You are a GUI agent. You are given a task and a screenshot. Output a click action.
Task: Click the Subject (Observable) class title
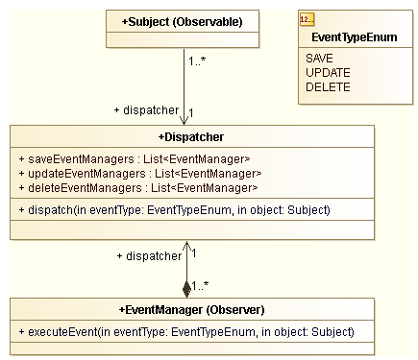[183, 20]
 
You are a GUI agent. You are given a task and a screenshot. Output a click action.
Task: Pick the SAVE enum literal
[319, 58]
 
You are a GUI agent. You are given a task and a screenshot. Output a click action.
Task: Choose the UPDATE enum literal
[328, 72]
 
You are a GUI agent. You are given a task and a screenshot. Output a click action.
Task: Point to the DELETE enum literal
[328, 86]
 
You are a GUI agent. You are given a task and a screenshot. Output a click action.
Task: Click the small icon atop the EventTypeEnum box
[307, 20]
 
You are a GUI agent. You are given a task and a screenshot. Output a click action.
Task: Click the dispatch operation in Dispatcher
[174, 209]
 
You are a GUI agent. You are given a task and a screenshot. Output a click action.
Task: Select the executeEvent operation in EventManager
[186, 332]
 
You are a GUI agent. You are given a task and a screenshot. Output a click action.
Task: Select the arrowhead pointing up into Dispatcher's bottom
[186, 247]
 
